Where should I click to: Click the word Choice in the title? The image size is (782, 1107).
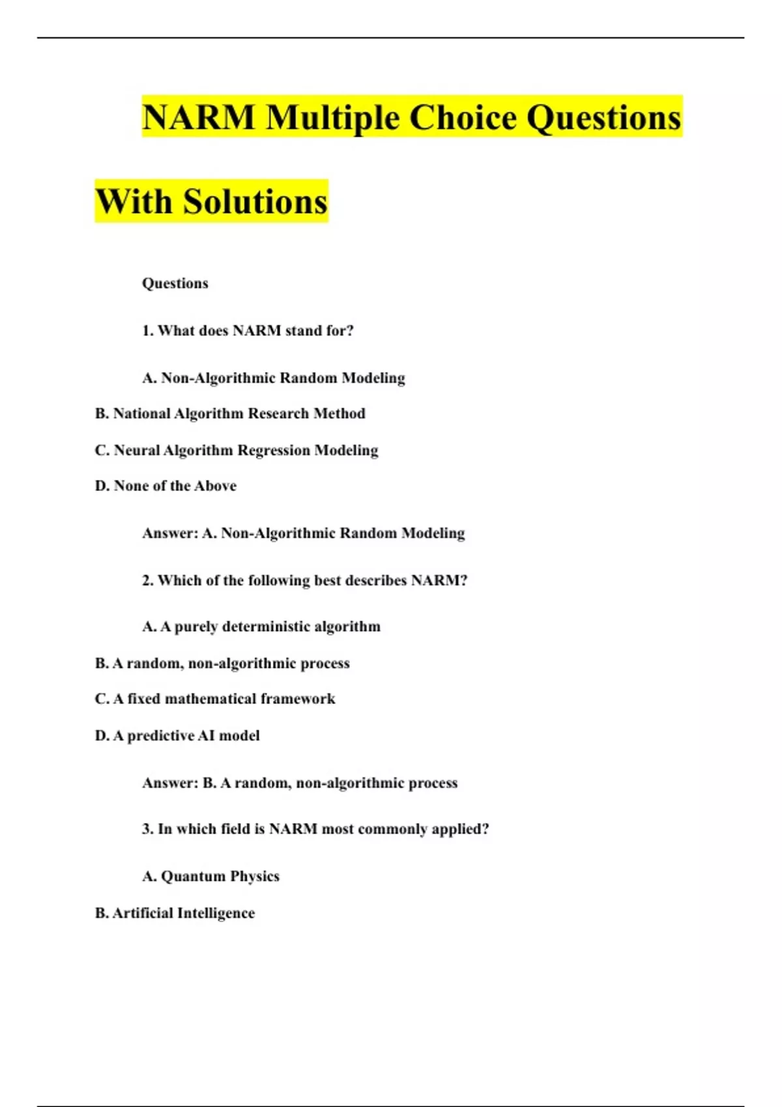[463, 118]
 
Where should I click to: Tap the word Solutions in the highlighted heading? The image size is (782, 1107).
[255, 202]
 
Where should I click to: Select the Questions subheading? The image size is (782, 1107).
[175, 283]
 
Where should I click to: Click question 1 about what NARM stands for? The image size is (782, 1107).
[248, 331]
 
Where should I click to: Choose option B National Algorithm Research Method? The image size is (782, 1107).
[230, 413]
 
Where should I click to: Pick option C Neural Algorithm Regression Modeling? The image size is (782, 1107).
[237, 450]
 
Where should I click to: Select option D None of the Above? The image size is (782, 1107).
[166, 486]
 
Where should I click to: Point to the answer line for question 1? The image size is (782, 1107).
[304, 533]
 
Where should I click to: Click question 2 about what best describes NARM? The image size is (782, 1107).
[305, 580]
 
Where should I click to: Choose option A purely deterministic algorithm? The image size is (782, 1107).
[261, 626]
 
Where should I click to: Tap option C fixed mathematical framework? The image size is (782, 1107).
[215, 699]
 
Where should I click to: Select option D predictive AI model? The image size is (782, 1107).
[177, 736]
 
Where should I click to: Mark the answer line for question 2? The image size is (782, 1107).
[300, 783]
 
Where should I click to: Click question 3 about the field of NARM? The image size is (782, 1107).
[315, 829]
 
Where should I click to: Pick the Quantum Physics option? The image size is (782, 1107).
[210, 876]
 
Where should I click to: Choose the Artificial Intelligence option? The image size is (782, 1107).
[175, 913]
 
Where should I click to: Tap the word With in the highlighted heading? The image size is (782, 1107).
[135, 202]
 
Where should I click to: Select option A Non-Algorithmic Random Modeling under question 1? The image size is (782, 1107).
[274, 378]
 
